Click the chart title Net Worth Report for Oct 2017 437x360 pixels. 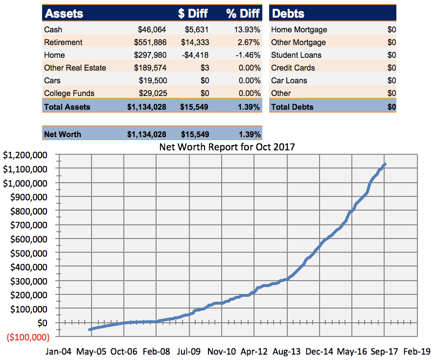coord(228,146)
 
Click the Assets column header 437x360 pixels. coord(64,14)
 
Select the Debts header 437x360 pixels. coord(288,14)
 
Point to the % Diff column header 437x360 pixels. coord(243,14)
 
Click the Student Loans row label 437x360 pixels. coord(296,55)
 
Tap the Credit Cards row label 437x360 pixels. coord(293,68)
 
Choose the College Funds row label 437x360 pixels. coord(69,94)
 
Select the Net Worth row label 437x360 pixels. coord(62,134)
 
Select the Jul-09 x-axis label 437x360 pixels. coord(188,352)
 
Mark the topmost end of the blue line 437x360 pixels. coord(385,164)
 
